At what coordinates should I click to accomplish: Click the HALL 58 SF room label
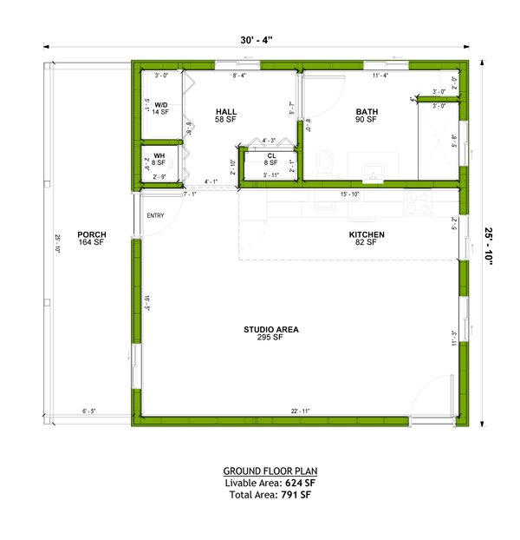225,115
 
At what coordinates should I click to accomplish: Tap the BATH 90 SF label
366,115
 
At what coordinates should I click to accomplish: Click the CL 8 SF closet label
271,159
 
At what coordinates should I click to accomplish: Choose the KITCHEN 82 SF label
366,239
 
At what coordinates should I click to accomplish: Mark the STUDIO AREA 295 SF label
270,333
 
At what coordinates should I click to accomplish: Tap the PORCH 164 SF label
91,239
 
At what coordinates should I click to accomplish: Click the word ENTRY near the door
156,215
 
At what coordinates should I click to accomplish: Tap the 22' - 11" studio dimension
301,411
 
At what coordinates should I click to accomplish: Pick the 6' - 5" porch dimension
91,411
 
